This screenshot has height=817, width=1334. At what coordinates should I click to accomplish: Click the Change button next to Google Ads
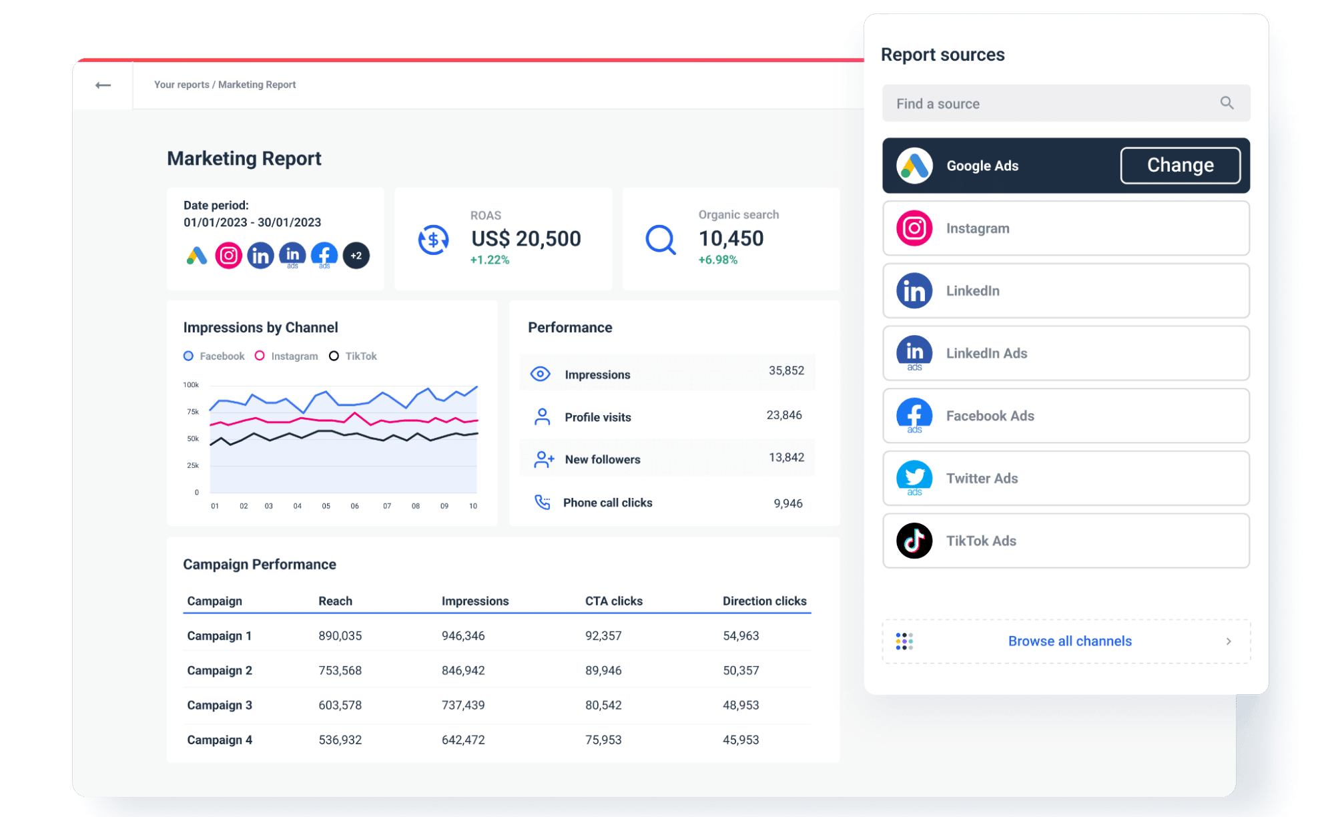pyautogui.click(x=1180, y=166)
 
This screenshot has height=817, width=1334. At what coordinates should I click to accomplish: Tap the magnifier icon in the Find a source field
pyautogui.click(x=1227, y=103)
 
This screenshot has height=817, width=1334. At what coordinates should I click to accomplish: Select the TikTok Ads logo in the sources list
pyautogui.click(x=914, y=541)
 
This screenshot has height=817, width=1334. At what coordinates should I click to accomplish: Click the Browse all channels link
pyautogui.click(x=1070, y=641)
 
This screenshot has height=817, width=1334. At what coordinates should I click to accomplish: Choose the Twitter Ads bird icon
pyautogui.click(x=914, y=477)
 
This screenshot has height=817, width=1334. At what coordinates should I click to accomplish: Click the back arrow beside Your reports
pyautogui.click(x=103, y=85)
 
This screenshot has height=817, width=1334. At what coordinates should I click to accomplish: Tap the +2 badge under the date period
pyautogui.click(x=356, y=256)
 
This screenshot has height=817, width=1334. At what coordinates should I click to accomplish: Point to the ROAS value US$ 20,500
pyautogui.click(x=526, y=238)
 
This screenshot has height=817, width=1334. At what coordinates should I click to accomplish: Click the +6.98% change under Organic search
pyautogui.click(x=718, y=260)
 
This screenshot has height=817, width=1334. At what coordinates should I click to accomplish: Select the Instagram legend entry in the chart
pyautogui.click(x=286, y=356)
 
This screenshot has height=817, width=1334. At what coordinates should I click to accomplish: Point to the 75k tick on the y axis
pyautogui.click(x=193, y=412)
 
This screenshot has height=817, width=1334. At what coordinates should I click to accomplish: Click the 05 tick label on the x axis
pyautogui.click(x=326, y=506)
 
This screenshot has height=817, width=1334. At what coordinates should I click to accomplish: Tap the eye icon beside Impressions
pyautogui.click(x=541, y=374)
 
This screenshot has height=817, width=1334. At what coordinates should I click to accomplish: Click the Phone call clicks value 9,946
pyautogui.click(x=788, y=503)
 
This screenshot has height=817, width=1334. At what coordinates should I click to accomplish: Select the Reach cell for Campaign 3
pyautogui.click(x=340, y=705)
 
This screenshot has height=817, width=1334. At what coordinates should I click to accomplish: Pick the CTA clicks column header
pyautogui.click(x=614, y=601)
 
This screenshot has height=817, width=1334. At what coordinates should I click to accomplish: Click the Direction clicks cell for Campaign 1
pyautogui.click(x=741, y=635)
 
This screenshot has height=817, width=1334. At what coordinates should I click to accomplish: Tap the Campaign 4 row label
pyautogui.click(x=220, y=740)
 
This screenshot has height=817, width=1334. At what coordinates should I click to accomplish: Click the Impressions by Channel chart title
pyautogui.click(x=260, y=327)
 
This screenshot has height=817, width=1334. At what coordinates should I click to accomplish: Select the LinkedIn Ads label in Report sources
pyautogui.click(x=986, y=353)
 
